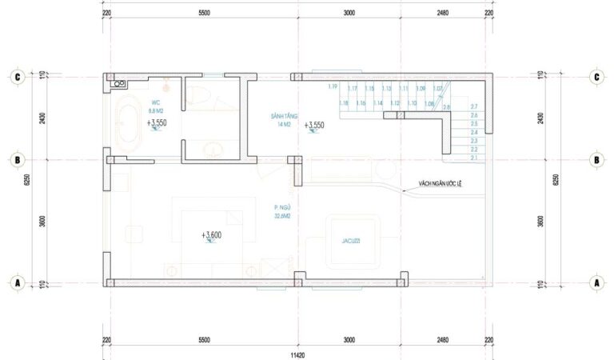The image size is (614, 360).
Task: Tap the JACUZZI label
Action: click(350, 238)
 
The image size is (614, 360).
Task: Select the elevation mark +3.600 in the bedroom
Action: click(213, 235)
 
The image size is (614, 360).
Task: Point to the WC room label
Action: click(155, 102)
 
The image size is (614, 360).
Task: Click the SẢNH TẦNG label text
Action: click(284, 117)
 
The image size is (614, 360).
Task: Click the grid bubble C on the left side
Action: click(17, 78)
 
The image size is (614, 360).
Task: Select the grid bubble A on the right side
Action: click(596, 282)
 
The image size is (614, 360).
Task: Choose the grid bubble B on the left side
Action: click(17, 159)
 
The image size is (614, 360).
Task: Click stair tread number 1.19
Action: click(333, 87)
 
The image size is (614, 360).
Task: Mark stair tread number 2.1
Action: click(473, 158)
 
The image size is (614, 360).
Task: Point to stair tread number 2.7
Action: click(473, 107)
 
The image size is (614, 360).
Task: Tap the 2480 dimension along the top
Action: click(443, 13)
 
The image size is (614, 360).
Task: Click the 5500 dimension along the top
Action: click(204, 13)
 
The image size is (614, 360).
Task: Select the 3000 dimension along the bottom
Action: click(349, 340)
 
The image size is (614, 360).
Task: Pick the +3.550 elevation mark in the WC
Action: click(157, 124)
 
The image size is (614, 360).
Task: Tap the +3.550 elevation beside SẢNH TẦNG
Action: click(314, 126)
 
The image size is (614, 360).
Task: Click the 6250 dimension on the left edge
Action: click(27, 180)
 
